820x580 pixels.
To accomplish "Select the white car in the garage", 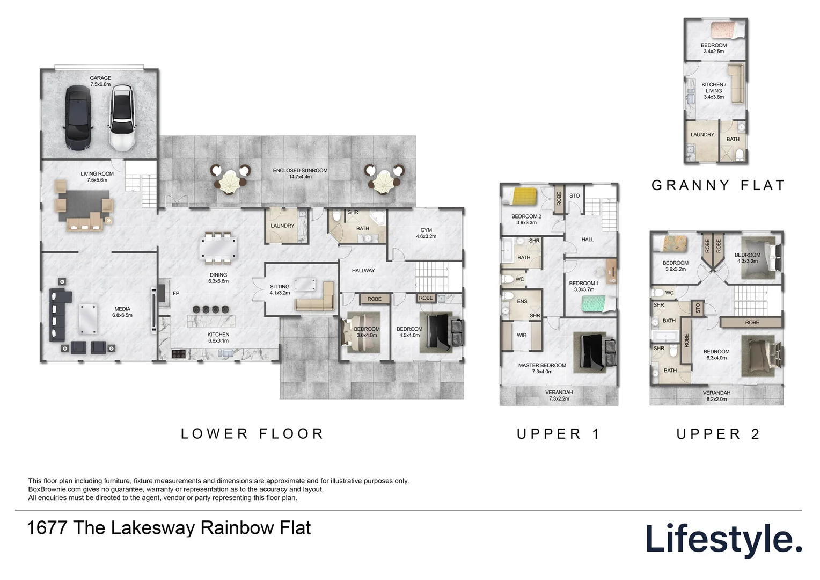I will point(122,118).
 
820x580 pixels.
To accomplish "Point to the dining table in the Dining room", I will point(217,248).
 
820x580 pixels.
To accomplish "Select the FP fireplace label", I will point(176,294).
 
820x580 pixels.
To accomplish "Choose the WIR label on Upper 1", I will point(522,335).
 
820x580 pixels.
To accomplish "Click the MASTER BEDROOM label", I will point(542,365).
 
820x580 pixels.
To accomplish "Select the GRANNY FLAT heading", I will point(718,185).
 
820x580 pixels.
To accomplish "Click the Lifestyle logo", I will point(723,540).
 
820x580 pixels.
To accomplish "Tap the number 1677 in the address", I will point(46,528).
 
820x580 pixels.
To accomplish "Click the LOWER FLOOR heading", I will point(252,434).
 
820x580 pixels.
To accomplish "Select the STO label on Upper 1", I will point(574,196).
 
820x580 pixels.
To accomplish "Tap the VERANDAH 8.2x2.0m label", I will point(716,396).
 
